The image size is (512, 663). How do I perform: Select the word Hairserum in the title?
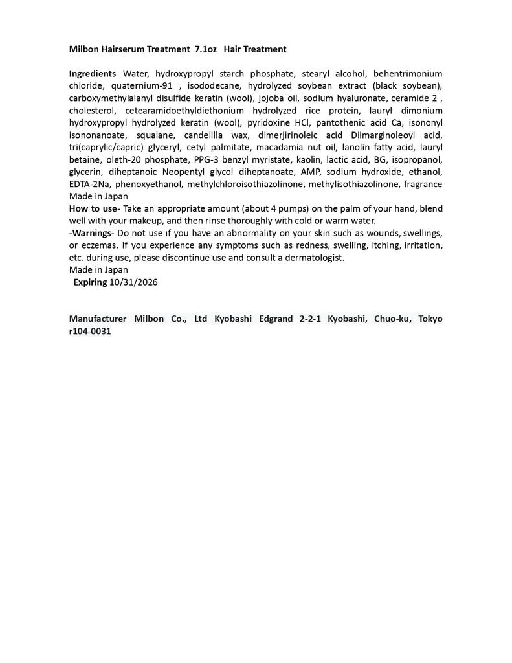tap(119, 49)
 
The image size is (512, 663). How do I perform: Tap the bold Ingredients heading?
tap(93, 74)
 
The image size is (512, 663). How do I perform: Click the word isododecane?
tap(214, 86)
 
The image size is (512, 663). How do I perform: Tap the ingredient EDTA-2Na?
tap(90, 185)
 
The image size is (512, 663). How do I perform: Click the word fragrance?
tap(423, 185)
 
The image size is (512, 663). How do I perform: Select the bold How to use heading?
tap(93, 208)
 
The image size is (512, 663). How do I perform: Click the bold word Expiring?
tap(90, 282)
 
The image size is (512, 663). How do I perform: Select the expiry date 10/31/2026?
tap(134, 282)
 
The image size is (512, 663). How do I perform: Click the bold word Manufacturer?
tap(97, 319)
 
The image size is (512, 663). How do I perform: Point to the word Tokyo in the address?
tap(430, 319)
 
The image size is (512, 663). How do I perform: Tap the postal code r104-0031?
tap(90, 331)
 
